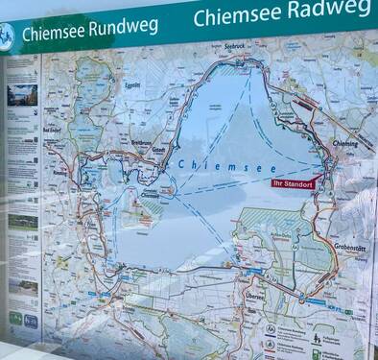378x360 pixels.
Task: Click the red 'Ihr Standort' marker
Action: point(293,183)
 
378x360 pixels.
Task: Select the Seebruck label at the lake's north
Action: point(236,46)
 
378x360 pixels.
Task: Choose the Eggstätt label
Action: point(138,85)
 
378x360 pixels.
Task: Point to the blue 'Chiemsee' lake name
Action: point(210,165)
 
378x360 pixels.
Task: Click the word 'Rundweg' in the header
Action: point(123,26)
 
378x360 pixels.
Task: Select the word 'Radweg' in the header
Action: point(324,11)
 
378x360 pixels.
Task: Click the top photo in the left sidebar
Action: point(23,94)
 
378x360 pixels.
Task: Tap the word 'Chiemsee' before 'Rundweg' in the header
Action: point(54,33)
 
